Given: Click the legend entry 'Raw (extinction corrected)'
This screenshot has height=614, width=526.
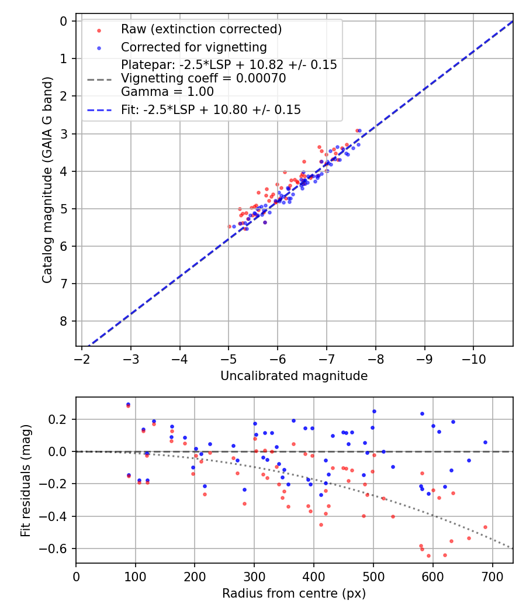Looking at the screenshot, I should pos(201,29).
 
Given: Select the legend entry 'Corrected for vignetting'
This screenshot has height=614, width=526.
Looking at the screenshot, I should pos(193,47).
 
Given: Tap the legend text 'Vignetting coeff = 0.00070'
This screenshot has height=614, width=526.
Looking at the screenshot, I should pos(203,78).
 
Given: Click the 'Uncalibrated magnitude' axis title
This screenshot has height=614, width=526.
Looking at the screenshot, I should pos(294,376).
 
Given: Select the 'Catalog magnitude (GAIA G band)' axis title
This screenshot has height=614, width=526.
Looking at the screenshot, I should pos(47,180).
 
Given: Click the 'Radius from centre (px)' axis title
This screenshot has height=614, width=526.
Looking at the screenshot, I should pos(294,594).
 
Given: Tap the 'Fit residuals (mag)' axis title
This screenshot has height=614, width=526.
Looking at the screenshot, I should pos(25,480).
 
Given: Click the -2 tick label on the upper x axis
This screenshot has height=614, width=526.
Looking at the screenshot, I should pos(82,358).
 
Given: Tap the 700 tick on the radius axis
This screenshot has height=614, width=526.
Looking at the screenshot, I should pos(492,576).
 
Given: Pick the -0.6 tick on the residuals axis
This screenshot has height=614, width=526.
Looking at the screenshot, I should pos(58,549).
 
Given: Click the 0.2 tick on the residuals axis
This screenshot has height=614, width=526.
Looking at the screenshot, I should pos(61,419).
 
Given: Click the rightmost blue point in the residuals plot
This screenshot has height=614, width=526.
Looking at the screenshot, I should pos(485,442).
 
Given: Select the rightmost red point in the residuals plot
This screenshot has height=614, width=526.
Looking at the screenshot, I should pos(485,527).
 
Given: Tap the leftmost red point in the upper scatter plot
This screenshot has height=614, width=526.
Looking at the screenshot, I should pos(229,226).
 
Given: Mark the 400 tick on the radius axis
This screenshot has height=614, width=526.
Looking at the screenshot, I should pos(314,576).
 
